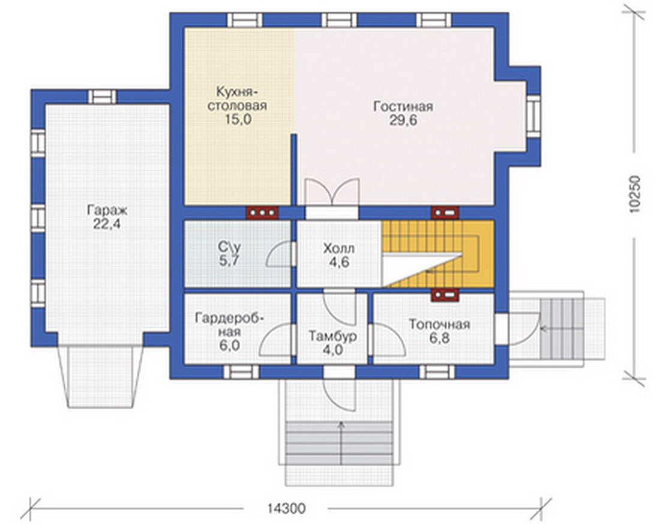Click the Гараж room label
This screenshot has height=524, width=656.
pyautogui.click(x=107, y=209)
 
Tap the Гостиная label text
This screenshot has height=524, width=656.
pyautogui.click(x=403, y=106)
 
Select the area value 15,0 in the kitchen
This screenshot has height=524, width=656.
pyautogui.click(x=238, y=119)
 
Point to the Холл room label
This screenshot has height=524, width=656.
pyautogui.click(x=339, y=248)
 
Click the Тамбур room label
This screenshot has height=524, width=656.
pyautogui.click(x=333, y=336)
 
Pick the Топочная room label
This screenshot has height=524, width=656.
pyautogui.click(x=440, y=324)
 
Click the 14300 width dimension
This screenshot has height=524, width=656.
pyautogui.click(x=287, y=508)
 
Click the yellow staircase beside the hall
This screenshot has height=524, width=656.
pyautogui.click(x=437, y=254)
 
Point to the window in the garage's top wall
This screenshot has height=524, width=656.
pyautogui.click(x=102, y=97)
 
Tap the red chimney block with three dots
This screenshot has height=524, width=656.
pyautogui.click(x=262, y=213)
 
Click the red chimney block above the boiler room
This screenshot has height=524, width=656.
pyautogui.click(x=445, y=296)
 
